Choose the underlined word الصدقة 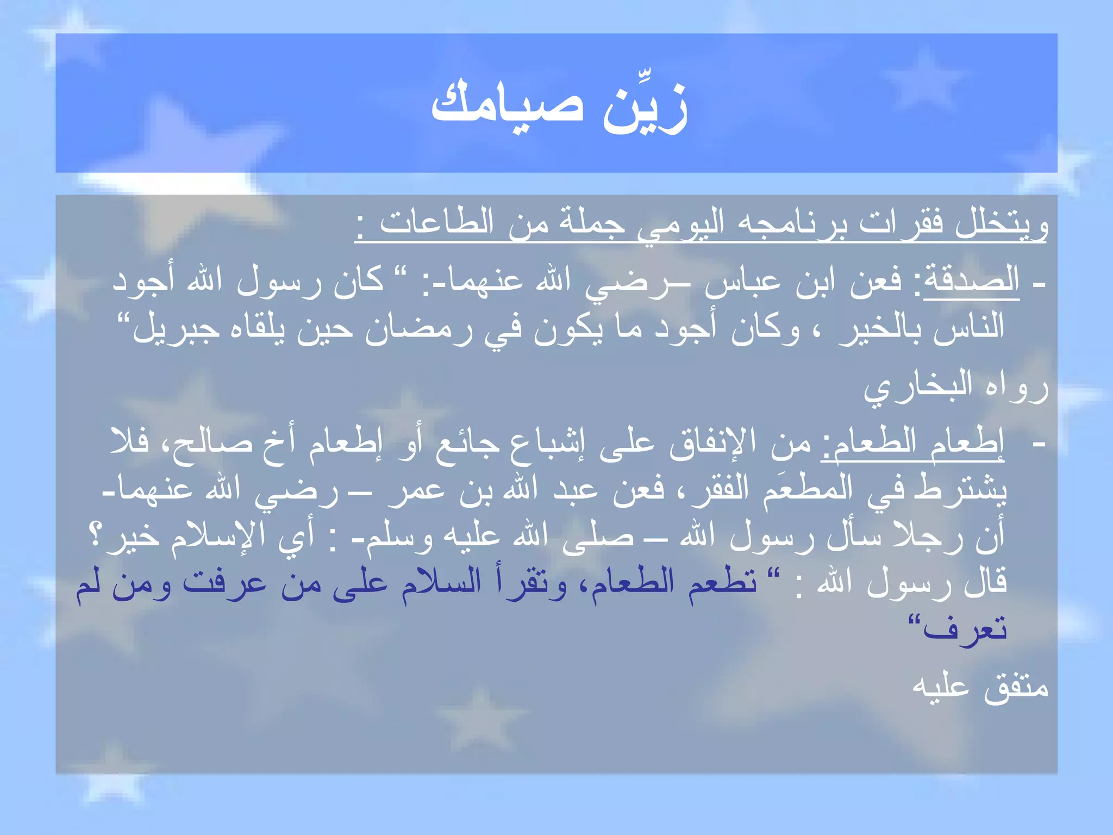(x=971, y=281)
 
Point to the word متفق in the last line (x=1016, y=687)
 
